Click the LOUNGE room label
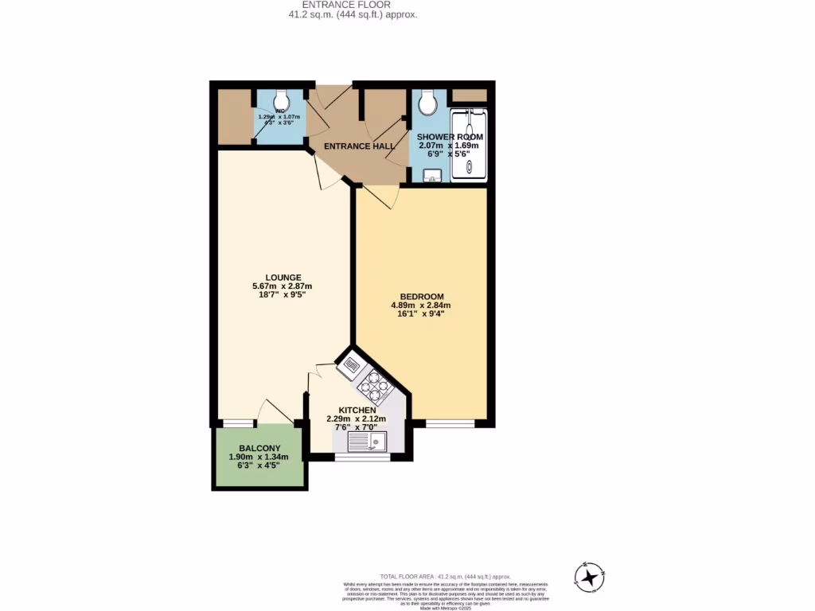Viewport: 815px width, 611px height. click(x=283, y=278)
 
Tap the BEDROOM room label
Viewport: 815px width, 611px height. click(x=421, y=297)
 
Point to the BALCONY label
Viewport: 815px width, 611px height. click(x=258, y=448)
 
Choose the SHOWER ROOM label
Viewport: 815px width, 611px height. click(x=450, y=137)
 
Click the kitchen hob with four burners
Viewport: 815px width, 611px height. click(x=376, y=387)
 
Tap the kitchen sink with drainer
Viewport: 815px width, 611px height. click(x=367, y=442)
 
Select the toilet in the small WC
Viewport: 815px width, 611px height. click(x=281, y=100)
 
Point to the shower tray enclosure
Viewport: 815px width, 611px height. click(x=468, y=143)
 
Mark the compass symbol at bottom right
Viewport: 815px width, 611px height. click(x=590, y=576)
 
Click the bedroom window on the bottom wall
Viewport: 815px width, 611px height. click(x=450, y=424)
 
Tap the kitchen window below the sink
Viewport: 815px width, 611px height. click(x=362, y=457)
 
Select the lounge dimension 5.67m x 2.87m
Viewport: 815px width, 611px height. click(x=283, y=286)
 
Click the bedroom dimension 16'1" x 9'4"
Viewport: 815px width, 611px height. click(x=421, y=313)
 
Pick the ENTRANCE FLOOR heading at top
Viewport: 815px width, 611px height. click(x=352, y=5)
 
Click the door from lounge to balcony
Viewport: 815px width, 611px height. click(x=275, y=412)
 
